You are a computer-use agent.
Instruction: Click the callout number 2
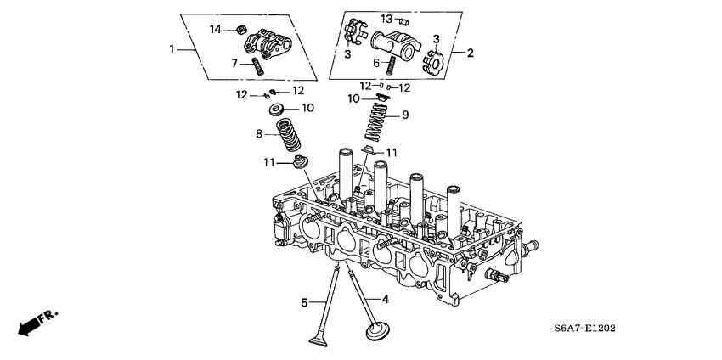[x=471, y=53]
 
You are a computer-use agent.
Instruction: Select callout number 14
[x=216, y=30]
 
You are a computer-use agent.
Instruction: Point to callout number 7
[x=234, y=62]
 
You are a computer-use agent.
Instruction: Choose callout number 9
[x=405, y=115]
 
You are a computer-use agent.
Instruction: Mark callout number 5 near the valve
[x=303, y=301]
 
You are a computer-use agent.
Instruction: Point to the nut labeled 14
[x=240, y=31]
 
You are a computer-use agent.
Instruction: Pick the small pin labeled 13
[x=405, y=20]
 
